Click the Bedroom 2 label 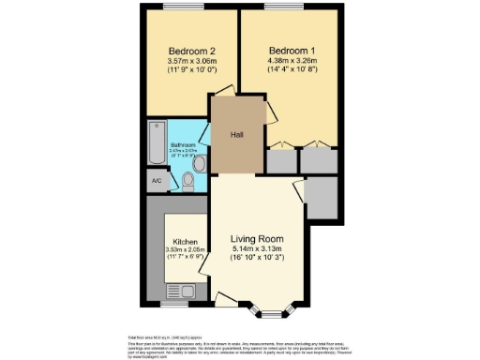192,51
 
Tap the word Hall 237,134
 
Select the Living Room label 257,239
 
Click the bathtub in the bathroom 156,142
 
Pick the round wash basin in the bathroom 194,162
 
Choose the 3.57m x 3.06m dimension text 192,62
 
